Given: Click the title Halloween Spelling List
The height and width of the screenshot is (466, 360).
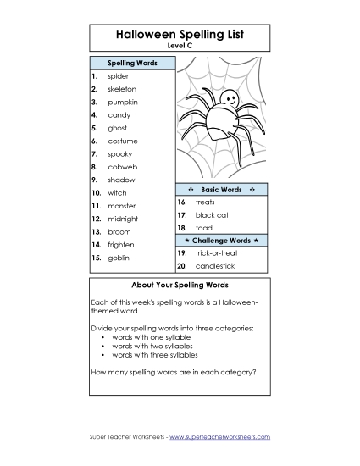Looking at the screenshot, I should coord(180,35).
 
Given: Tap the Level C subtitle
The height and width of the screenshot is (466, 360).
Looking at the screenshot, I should coord(180,46).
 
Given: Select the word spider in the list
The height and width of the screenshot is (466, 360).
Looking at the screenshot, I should coord(119,76).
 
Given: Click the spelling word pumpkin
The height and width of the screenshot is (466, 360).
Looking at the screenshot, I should coord(122,102).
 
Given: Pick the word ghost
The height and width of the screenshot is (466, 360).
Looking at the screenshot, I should coord(117,128).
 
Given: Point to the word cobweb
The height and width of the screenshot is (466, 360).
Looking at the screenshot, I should coord(122,167).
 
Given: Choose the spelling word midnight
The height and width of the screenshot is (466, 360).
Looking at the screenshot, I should coord(124,219).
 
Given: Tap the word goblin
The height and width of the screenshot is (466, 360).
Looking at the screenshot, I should coord(119,257).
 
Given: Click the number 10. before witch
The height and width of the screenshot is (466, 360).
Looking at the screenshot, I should coord(96,193).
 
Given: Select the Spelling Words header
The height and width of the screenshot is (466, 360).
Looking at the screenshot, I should coord(131,63).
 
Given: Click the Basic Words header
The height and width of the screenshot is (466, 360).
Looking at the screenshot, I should coord(221,189).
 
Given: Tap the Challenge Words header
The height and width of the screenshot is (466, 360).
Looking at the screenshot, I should coord(221,241).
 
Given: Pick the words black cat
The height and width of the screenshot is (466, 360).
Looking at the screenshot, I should coord(212,215).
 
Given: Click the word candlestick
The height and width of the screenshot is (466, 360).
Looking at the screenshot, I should coord(217,266).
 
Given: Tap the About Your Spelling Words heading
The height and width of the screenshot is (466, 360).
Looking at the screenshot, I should coord(180,285).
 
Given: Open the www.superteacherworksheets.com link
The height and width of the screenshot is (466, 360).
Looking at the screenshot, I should coord(219,436).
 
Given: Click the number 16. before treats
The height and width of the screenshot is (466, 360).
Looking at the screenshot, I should coord(182,202).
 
